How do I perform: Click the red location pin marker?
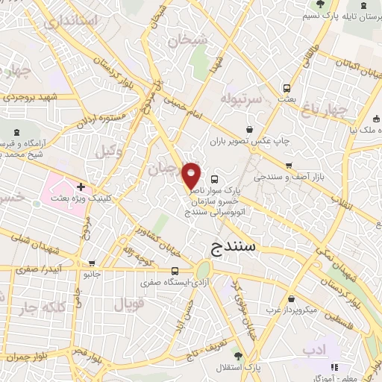192,175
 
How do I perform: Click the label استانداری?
72,21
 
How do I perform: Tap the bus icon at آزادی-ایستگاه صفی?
175,271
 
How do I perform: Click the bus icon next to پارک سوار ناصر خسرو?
215,179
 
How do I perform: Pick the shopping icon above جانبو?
91,263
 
